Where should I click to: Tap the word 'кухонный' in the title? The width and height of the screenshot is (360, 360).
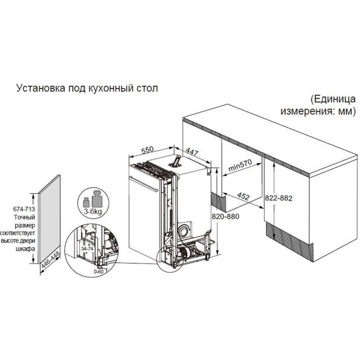click(x=106, y=88)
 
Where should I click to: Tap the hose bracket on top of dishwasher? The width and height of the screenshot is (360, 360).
click(x=177, y=159)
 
